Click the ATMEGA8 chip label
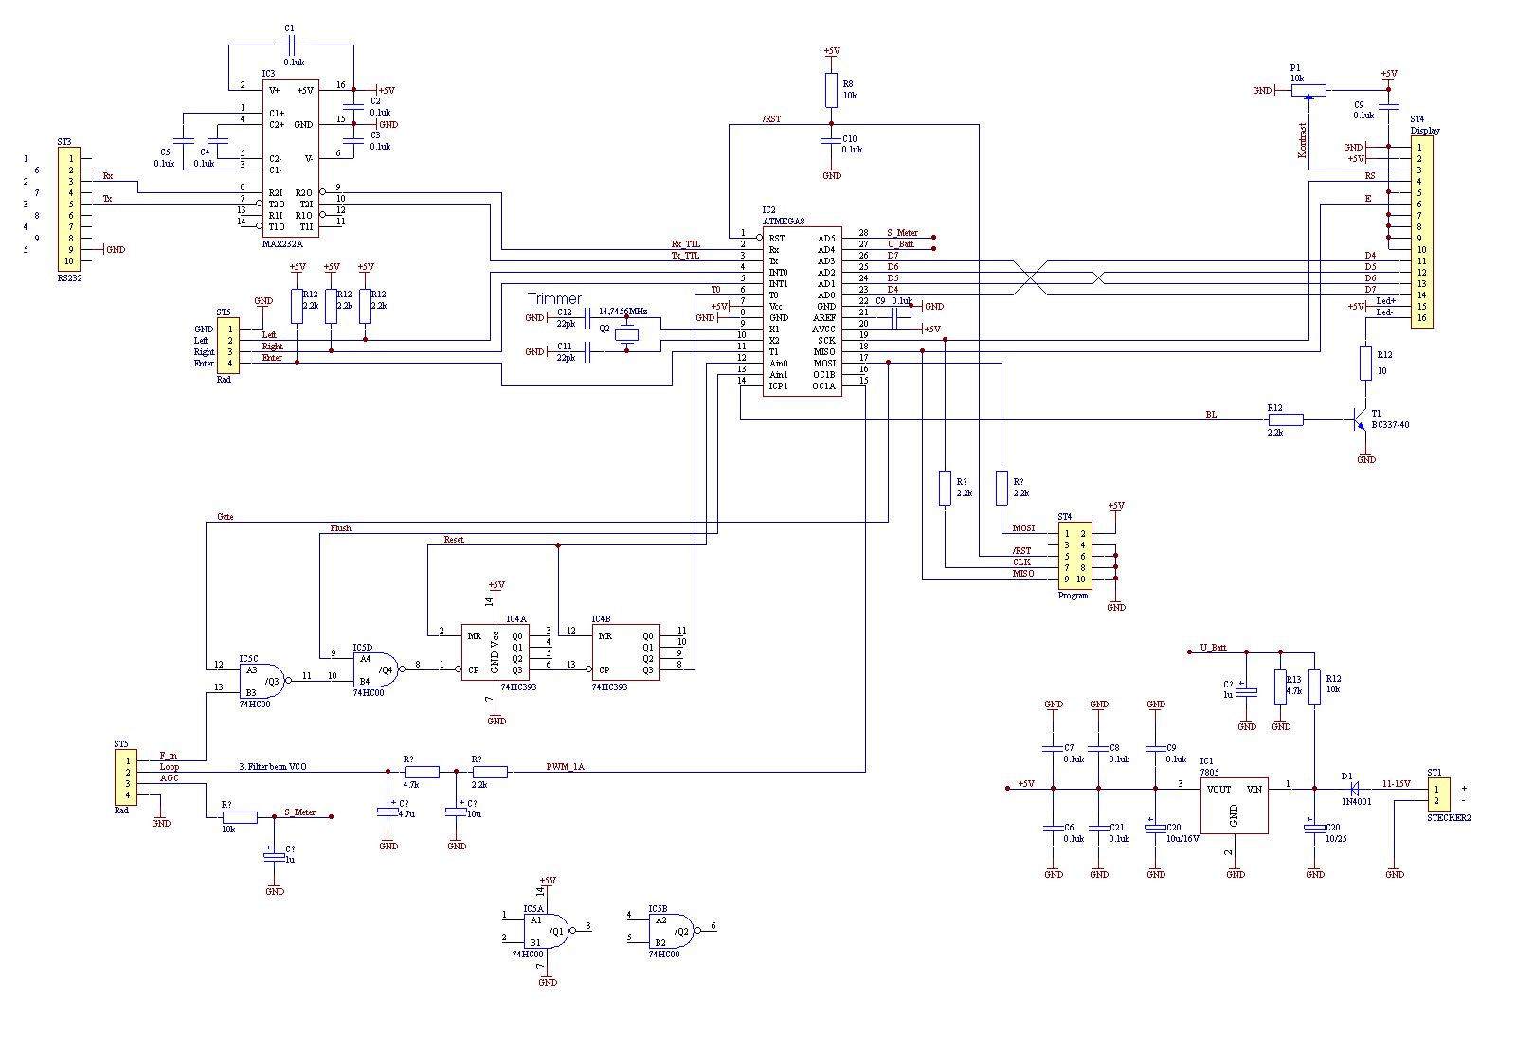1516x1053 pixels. [x=784, y=221]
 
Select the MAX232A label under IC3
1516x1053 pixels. [x=281, y=244]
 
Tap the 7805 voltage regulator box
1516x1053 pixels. [x=1234, y=805]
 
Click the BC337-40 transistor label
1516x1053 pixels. [x=1390, y=425]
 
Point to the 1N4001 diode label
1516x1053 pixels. [x=1355, y=802]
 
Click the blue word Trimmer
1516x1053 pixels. [x=554, y=298]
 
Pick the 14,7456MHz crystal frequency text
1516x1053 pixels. [x=623, y=311]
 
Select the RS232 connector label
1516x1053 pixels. [x=69, y=278]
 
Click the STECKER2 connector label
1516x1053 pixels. [x=1449, y=817]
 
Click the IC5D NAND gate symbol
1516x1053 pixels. [x=374, y=669]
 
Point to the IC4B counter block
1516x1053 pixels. [x=626, y=652]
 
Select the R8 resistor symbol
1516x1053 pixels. [x=831, y=91]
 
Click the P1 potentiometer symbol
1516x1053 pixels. [x=1308, y=91]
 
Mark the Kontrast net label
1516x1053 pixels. [x=1303, y=139]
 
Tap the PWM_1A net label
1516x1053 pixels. [x=565, y=766]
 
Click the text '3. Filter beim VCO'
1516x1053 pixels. [x=272, y=766]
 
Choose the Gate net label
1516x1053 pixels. [x=225, y=517]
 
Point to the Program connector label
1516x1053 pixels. [x=1073, y=596]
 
